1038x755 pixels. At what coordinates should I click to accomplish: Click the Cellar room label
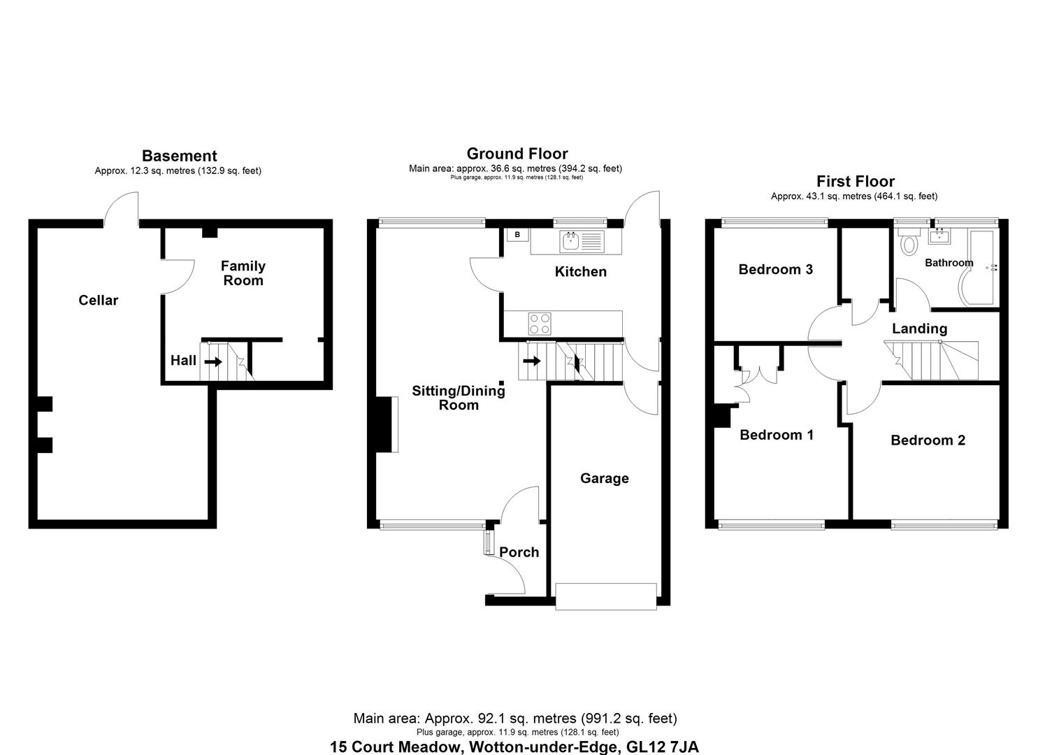point(98,301)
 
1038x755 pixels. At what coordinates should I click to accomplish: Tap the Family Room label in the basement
point(243,273)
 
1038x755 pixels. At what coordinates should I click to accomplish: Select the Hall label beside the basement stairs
point(183,361)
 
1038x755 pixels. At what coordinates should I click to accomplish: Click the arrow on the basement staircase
point(213,361)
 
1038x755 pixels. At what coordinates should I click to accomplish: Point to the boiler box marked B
point(517,235)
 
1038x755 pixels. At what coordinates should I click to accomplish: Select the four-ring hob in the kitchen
point(539,324)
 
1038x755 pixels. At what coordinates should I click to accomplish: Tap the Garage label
point(604,479)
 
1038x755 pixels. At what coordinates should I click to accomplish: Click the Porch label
point(519,552)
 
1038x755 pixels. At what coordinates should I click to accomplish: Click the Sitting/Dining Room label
point(458,398)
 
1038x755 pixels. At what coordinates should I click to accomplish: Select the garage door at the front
point(605,596)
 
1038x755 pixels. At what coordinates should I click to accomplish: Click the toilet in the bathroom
point(909,243)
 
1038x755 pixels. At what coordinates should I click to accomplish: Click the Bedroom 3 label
point(775,270)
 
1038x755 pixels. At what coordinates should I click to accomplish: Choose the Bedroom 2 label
point(928,440)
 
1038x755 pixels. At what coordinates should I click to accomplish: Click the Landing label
point(919,329)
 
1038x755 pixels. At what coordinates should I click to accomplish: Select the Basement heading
point(179,156)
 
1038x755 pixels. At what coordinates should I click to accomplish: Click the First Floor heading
point(855,182)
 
